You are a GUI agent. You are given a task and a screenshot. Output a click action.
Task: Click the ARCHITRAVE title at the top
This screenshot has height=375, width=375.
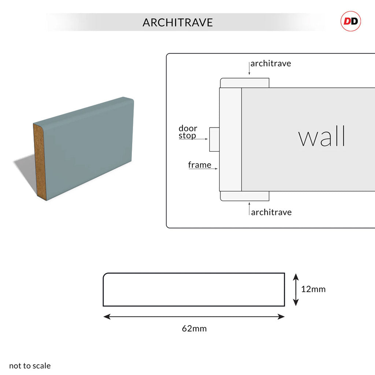click(178, 23)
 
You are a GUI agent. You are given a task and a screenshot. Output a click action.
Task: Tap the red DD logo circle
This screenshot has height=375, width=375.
click(351, 21)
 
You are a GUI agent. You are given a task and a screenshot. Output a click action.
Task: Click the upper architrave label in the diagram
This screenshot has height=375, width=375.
click(271, 63)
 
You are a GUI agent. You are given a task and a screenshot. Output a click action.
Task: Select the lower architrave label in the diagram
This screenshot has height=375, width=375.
click(271, 212)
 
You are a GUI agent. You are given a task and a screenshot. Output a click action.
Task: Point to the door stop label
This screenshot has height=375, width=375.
click(187, 132)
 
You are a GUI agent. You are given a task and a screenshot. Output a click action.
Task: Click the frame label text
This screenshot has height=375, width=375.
click(200, 165)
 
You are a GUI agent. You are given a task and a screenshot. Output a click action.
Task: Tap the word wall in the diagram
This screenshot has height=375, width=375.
click(322, 137)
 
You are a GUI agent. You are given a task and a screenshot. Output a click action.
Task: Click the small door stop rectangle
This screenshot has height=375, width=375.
click(214, 139)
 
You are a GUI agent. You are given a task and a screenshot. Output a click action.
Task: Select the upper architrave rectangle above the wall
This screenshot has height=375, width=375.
click(245, 83)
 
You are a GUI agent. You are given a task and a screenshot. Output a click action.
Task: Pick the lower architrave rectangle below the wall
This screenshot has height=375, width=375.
click(245, 196)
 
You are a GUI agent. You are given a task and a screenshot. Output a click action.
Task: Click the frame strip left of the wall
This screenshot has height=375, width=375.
click(230, 139)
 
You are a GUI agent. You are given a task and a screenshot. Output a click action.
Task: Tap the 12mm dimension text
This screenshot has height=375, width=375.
click(313, 289)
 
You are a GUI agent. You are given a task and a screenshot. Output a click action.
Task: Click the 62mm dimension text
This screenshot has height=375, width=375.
click(194, 328)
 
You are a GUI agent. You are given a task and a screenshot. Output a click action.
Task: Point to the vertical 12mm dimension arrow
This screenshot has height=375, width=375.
click(296, 289)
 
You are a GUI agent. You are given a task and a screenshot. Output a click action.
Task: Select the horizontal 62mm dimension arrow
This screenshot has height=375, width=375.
click(194, 317)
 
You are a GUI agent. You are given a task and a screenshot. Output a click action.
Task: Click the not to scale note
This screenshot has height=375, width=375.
click(30, 365)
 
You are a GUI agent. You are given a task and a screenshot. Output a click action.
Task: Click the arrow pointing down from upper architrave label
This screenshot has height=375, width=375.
click(249, 70)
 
